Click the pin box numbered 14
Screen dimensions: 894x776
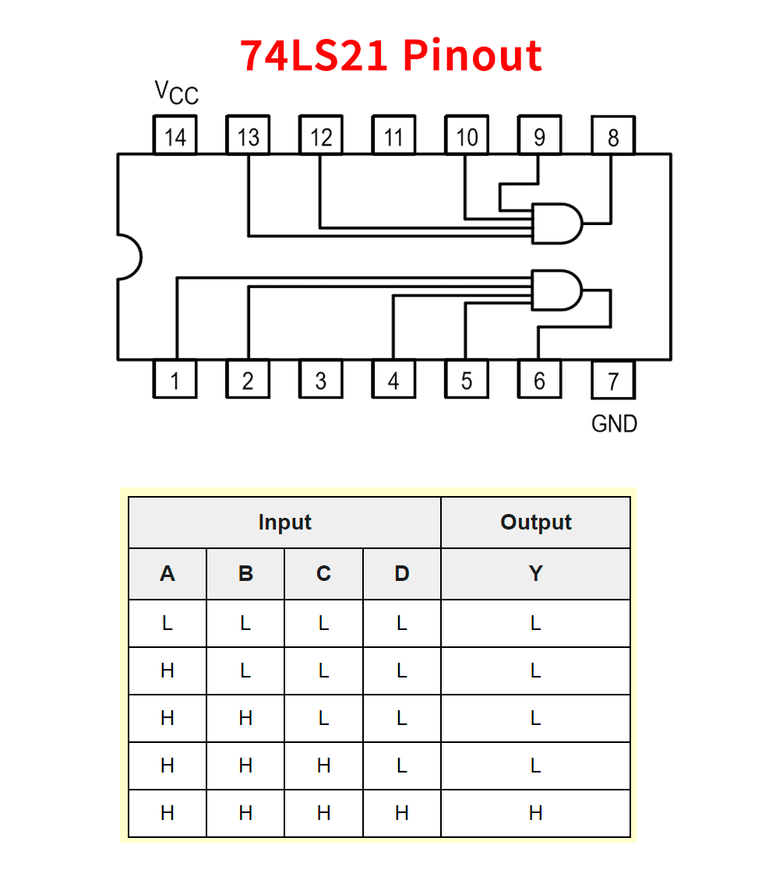tap(175, 137)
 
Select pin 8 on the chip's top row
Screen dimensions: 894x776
tap(613, 137)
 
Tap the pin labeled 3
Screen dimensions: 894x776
tap(321, 381)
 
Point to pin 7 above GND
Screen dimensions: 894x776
tap(613, 381)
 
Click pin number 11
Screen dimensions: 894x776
tap(393, 137)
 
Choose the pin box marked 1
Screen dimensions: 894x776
tap(175, 381)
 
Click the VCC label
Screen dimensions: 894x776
tap(177, 93)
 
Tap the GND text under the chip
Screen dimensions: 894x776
tap(614, 424)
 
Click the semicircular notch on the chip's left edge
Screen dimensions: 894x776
tap(129, 255)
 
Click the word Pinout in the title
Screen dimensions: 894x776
tap(473, 55)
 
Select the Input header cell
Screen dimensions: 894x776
tap(284, 522)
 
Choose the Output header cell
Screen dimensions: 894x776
tap(535, 522)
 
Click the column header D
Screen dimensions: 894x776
tap(401, 574)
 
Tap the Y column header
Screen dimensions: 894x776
tap(535, 574)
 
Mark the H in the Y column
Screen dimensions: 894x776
tap(535, 813)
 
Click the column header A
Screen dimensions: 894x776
tap(168, 574)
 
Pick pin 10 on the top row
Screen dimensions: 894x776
tap(467, 137)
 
